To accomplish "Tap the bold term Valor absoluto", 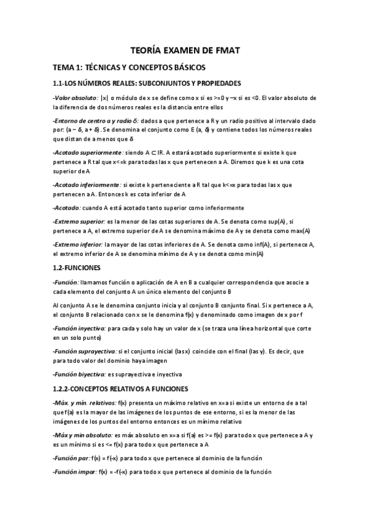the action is pos(75,97).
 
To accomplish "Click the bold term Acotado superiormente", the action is pos(88,151).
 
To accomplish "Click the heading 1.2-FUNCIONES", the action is pos(80,268).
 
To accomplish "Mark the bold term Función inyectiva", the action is pos(80,329).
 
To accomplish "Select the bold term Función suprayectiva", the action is pos(85,351).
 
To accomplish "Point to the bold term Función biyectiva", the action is pos(79,374).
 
